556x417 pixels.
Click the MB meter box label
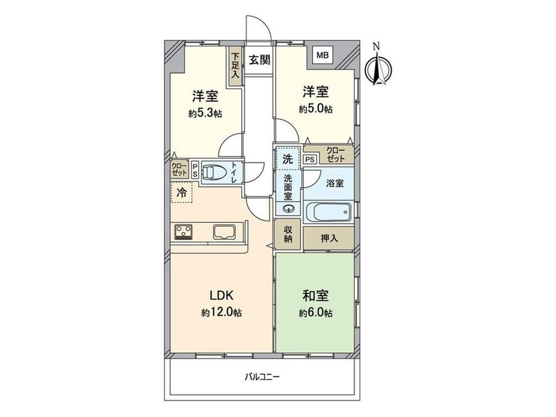coord(323,55)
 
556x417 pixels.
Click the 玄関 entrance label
coord(259,60)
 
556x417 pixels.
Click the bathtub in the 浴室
coord(328,212)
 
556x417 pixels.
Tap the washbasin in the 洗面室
coord(289,208)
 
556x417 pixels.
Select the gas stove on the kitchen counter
coord(183,232)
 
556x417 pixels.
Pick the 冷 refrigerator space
coord(181,193)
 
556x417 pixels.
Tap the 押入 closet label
coord(329,238)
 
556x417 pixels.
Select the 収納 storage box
coord(288,234)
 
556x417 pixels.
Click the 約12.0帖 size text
coord(222,312)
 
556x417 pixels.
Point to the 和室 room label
coord(315,296)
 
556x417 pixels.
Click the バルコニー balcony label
coord(262,377)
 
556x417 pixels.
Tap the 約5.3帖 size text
coord(205,114)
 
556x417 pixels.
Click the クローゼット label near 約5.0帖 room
coord(336,155)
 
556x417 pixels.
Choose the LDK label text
coord(221,295)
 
